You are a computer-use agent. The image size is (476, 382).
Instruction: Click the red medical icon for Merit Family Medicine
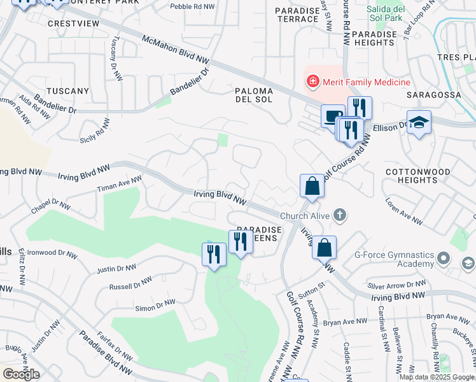[312, 81]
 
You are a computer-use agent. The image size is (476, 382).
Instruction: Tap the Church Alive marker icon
[340, 215]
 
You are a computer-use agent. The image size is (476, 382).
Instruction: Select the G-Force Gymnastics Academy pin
[444, 259]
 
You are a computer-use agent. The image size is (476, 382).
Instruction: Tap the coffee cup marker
[332, 116]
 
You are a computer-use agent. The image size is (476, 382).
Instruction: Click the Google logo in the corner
[21, 374]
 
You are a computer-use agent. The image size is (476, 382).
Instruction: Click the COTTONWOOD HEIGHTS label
[418, 176]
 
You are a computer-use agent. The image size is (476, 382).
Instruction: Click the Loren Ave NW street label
[404, 211]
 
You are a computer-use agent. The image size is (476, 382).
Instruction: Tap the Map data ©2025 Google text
[437, 376]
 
